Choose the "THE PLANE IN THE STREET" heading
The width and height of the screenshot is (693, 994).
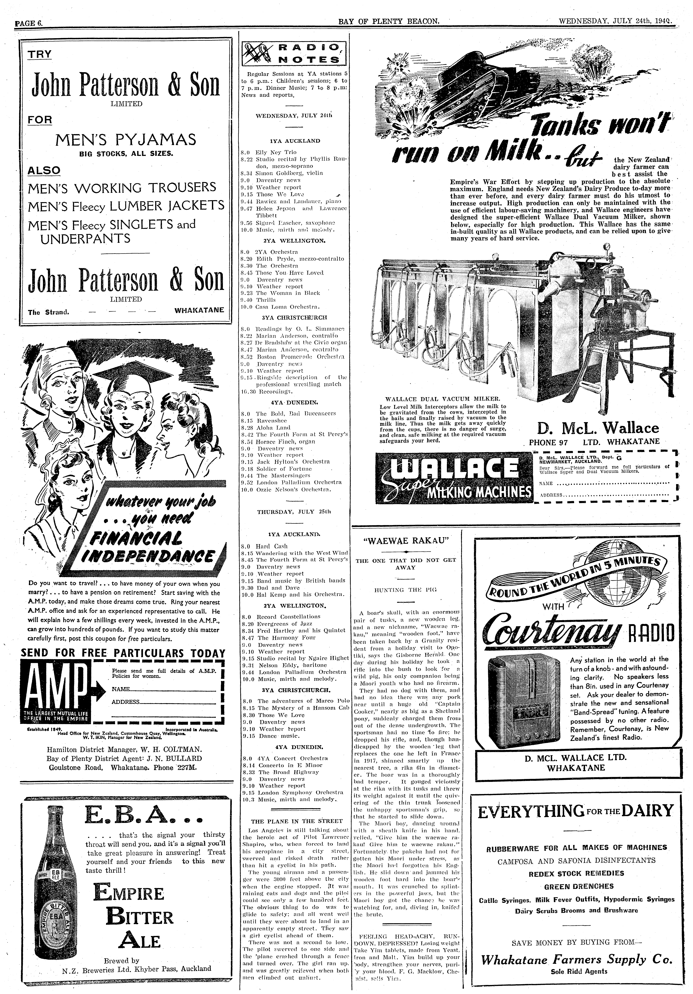tap(296, 821)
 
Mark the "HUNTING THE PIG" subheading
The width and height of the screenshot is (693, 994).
tap(406, 590)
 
